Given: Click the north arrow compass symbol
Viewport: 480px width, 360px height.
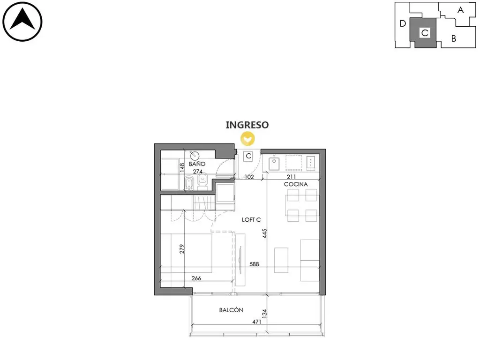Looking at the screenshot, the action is click(x=22, y=22).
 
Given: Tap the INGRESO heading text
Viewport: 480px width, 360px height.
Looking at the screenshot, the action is click(x=247, y=125).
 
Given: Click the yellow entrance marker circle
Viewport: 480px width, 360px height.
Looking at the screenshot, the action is click(x=247, y=139).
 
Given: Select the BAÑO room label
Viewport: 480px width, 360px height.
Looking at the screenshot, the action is click(x=197, y=164).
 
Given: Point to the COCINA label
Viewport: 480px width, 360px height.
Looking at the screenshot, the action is click(x=296, y=184).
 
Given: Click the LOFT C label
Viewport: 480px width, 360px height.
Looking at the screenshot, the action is click(x=251, y=219).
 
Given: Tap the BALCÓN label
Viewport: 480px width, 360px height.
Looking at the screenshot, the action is click(x=231, y=310).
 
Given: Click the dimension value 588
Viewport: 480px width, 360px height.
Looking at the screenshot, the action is click(x=254, y=264).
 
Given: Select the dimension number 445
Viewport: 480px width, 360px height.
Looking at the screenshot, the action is click(x=264, y=233).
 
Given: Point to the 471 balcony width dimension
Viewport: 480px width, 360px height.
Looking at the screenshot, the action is click(x=256, y=322).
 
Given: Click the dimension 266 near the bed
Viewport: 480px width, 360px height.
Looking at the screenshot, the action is click(x=196, y=278).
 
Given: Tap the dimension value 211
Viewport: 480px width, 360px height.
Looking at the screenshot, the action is click(x=291, y=177).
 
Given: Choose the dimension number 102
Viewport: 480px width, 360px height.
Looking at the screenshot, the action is click(x=249, y=177).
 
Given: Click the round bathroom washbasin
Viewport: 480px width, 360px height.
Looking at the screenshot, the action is click(x=195, y=156).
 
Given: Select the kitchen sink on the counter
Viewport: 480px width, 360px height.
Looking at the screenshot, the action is click(x=274, y=164).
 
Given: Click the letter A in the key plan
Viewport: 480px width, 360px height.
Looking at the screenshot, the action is click(x=460, y=10).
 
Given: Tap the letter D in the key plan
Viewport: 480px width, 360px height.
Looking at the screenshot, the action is click(x=403, y=23).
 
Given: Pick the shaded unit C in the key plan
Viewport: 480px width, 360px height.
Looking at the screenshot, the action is click(x=425, y=33).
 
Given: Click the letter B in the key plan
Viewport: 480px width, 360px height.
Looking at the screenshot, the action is click(x=454, y=38).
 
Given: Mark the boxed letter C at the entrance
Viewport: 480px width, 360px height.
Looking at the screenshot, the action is click(x=248, y=156).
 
